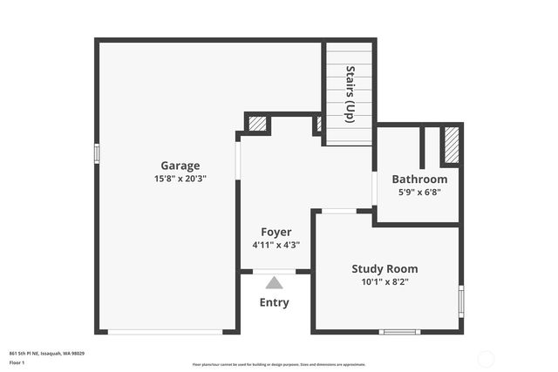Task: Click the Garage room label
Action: point(180,166)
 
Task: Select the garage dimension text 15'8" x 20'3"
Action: point(180,179)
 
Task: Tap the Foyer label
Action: point(276,232)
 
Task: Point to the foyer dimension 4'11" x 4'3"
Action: point(276,245)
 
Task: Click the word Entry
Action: point(274,302)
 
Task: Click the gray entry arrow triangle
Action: point(274,282)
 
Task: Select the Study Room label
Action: point(384,269)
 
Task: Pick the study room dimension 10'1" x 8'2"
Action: point(384,282)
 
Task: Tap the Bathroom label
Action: point(419,179)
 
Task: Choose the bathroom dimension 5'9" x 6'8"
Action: point(419,192)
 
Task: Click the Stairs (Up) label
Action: point(350,94)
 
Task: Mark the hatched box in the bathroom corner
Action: point(451,145)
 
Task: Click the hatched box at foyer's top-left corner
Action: point(257,124)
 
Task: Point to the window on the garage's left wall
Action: point(97,152)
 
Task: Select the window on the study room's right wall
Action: point(460,301)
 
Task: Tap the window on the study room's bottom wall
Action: point(400,331)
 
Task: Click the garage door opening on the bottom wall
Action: point(165,331)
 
